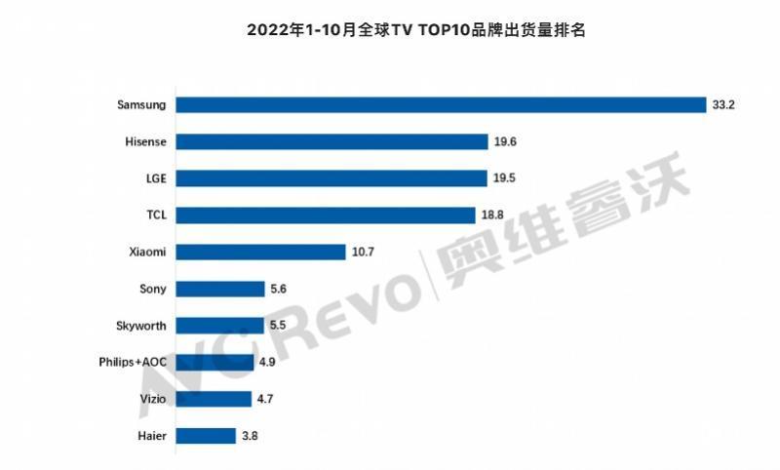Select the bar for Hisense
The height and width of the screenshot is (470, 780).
(x=332, y=141)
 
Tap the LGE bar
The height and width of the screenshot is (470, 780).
(x=331, y=178)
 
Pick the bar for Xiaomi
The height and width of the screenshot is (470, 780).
(x=261, y=252)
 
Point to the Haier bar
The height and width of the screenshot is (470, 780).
(x=206, y=436)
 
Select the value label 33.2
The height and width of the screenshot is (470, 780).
(x=722, y=104)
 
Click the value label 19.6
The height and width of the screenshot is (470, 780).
(x=504, y=141)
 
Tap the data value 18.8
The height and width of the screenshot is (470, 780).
(x=500, y=215)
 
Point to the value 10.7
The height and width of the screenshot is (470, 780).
(x=364, y=252)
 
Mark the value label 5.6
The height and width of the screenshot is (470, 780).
(x=279, y=289)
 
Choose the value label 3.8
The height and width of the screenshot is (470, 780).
(x=250, y=436)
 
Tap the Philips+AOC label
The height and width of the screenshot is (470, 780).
(x=133, y=363)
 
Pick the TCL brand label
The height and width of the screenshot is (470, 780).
(x=153, y=215)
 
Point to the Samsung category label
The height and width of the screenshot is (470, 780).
(x=139, y=104)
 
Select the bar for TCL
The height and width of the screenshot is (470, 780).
(x=329, y=215)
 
